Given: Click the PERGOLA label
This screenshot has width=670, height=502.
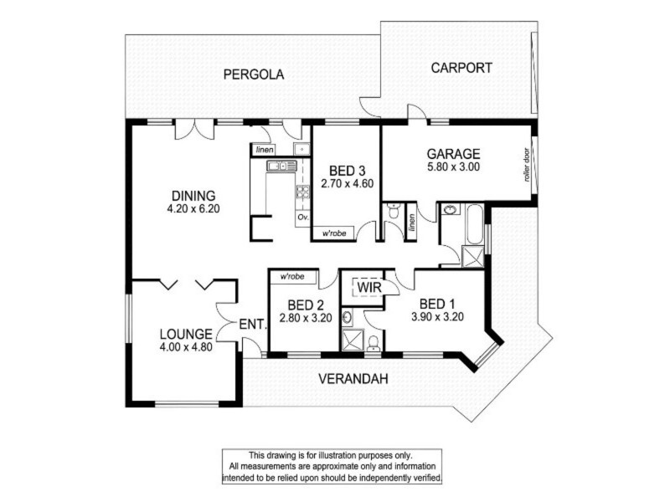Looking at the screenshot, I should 253,74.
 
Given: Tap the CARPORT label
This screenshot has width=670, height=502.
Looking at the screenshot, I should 461,68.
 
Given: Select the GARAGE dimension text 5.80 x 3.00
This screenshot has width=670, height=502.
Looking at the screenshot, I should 453,167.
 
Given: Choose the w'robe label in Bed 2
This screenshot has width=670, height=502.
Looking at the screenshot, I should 291,275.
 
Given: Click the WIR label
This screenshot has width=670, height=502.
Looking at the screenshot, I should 370,287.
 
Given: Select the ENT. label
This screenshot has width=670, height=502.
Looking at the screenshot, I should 252,323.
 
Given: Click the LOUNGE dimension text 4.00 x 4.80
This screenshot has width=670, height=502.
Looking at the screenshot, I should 185,346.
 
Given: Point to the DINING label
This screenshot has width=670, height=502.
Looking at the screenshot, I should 193,197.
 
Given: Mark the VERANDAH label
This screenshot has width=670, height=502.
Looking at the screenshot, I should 353,379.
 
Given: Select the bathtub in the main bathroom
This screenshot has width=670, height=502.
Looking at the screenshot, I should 472,225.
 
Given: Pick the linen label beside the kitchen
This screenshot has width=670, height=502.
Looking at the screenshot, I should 264,149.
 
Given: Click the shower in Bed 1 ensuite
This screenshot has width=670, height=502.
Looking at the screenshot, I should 350,340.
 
